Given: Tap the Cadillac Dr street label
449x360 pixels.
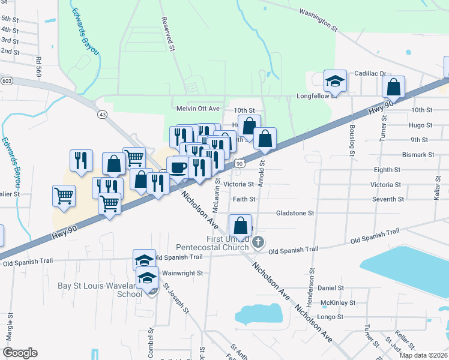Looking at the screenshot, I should tap(370, 73).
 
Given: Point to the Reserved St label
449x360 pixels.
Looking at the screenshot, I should tap(170, 33).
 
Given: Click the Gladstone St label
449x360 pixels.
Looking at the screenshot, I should tap(295, 213).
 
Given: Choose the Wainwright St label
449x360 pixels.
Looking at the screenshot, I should tap(183, 272).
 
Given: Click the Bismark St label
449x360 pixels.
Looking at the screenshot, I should tap(418, 155).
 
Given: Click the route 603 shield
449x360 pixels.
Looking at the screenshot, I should tap(7, 80).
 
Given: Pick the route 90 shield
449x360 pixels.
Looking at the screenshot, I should tap(239, 163).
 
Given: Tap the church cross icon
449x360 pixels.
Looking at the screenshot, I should tap(258, 242).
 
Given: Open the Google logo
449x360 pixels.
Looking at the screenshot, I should tap(20, 353).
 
